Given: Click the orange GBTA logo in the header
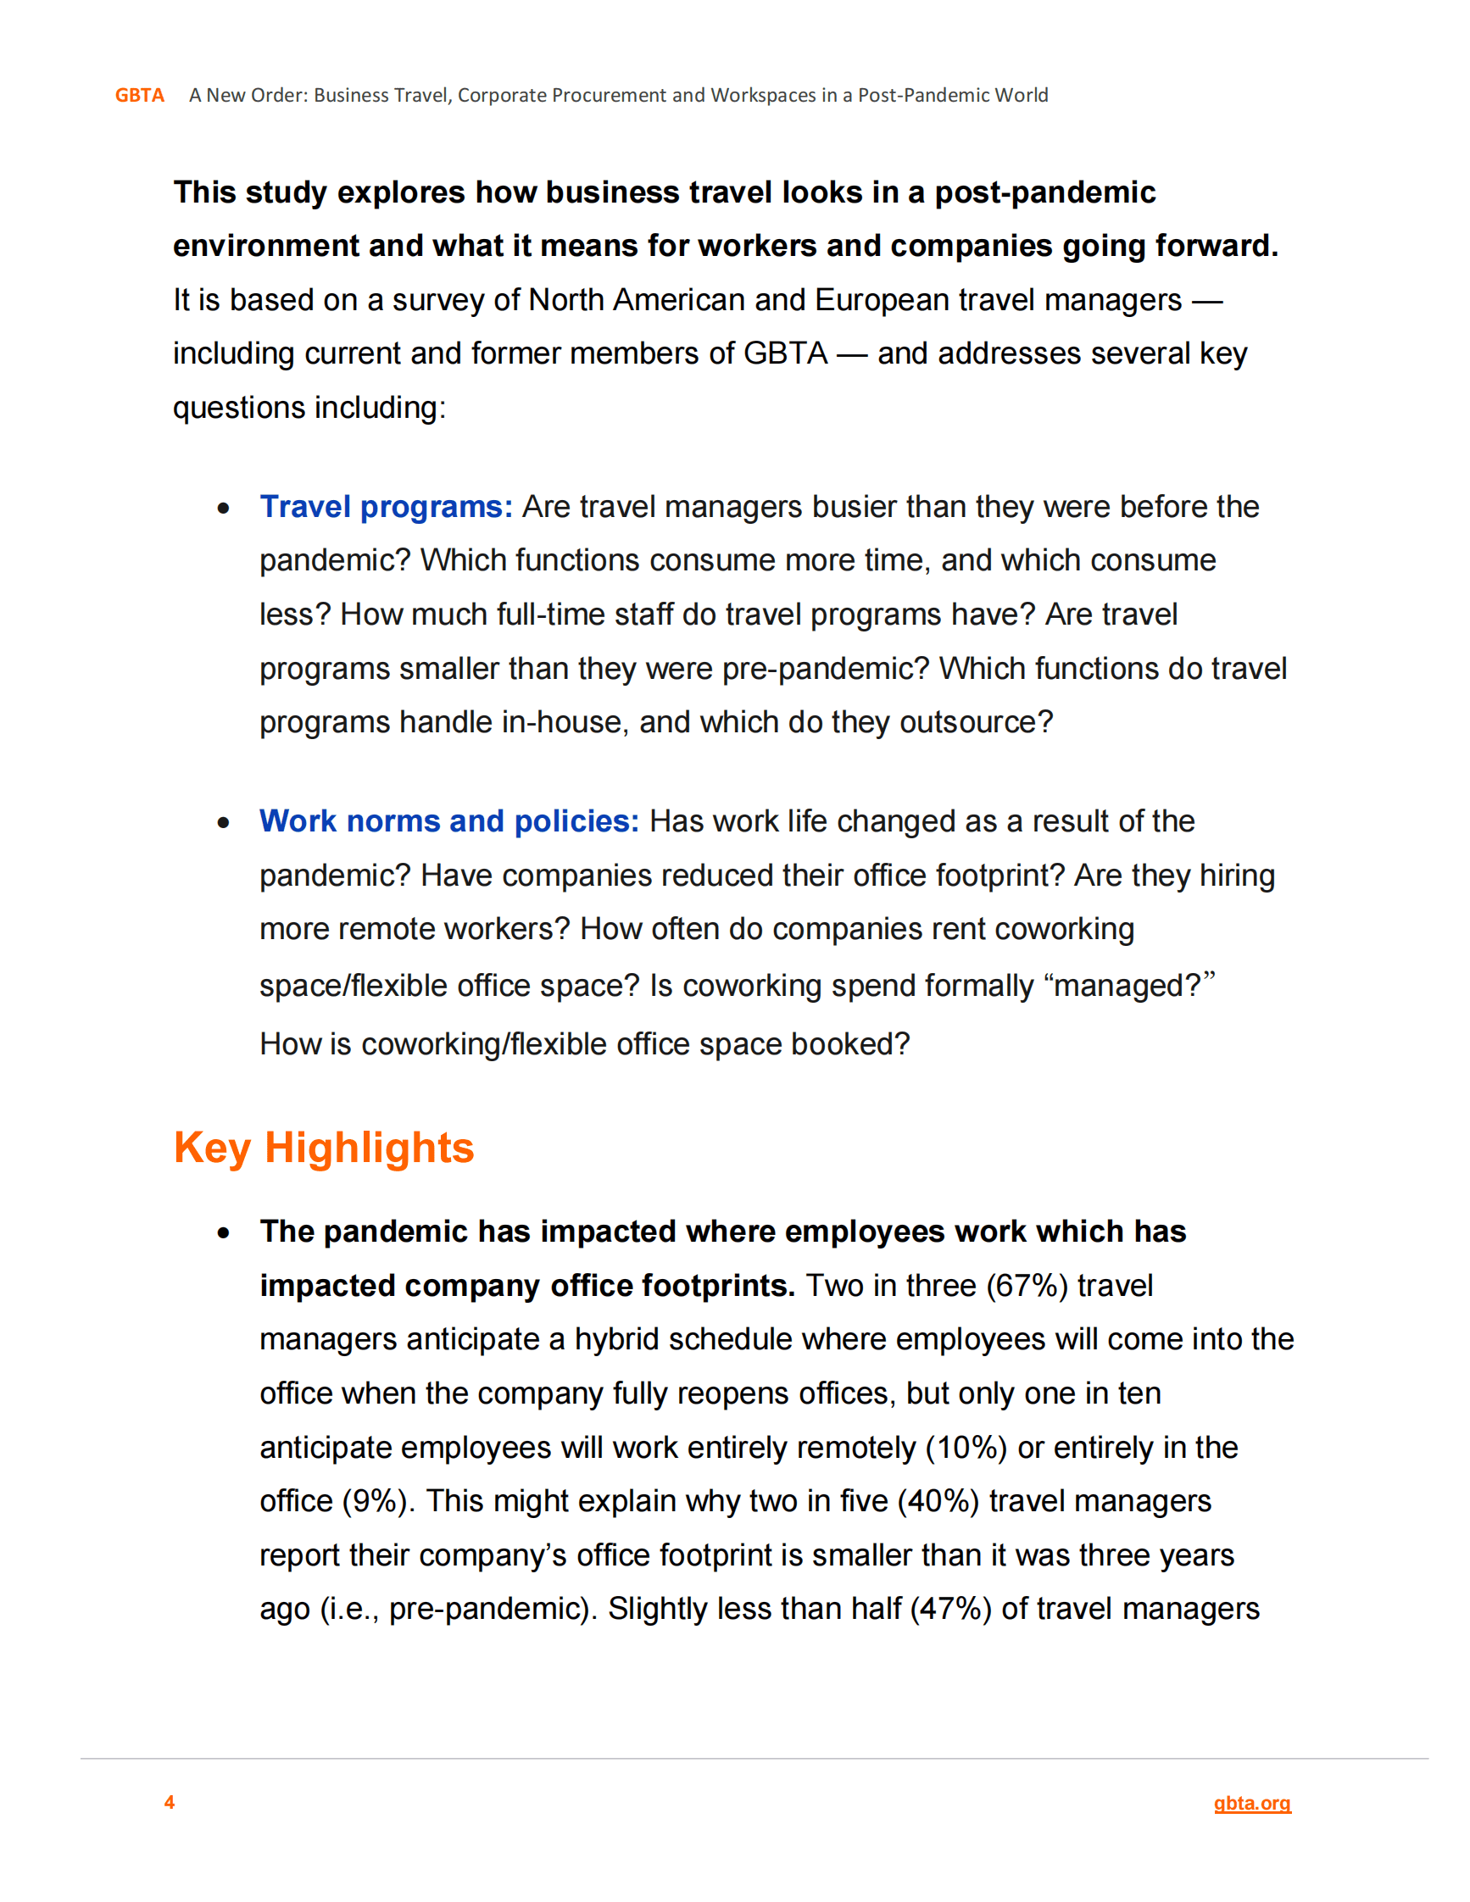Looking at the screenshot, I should pyautogui.click(x=139, y=95).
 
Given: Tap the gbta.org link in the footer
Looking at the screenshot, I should pyautogui.click(x=1251, y=1803).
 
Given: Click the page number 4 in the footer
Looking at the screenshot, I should pyautogui.click(x=170, y=1802).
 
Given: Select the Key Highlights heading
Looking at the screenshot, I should pyautogui.click(x=324, y=1148).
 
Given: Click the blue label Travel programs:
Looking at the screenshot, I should pyautogui.click(x=386, y=507).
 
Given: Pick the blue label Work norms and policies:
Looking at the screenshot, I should pyautogui.click(x=448, y=821).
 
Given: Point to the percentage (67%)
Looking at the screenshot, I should pyautogui.click(x=1026, y=1286).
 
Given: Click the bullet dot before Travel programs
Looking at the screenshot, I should pyautogui.click(x=224, y=508).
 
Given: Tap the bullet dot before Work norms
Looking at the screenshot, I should pyautogui.click(x=224, y=822).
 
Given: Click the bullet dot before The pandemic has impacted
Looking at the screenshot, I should pyautogui.click(x=224, y=1232).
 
